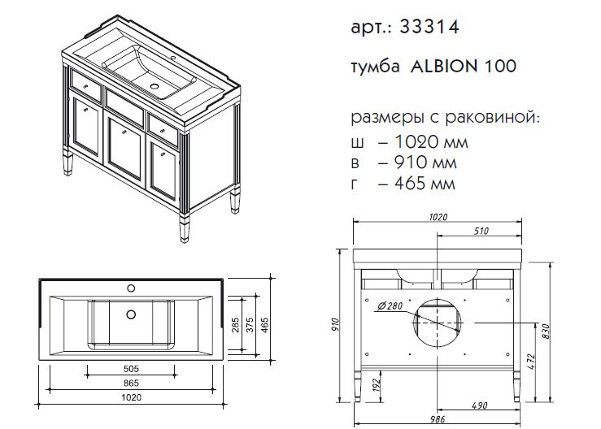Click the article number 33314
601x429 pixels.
[429, 27]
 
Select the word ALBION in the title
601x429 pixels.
[444, 67]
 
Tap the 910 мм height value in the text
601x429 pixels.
[425, 162]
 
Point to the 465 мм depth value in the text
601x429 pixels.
[425, 183]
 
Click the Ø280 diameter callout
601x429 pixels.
[390, 305]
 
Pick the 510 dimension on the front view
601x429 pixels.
[481, 231]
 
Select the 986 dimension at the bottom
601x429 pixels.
[438, 419]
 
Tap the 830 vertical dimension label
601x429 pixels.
[546, 331]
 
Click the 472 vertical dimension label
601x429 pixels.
[531, 362]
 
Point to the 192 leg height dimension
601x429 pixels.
[377, 384]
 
